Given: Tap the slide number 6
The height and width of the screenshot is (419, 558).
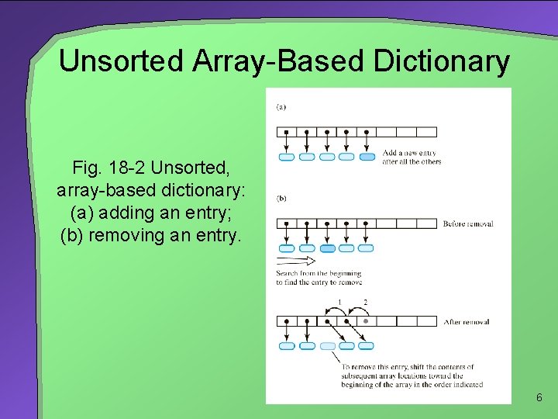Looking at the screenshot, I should coord(539,398).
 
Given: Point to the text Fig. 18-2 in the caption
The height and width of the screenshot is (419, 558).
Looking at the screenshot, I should coord(109,167).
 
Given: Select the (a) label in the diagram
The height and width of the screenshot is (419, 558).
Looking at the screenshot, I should coord(281,106).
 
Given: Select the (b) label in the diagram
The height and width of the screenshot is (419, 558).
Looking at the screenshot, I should coord(281,198).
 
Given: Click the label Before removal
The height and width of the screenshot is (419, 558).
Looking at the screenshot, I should coord(468,224).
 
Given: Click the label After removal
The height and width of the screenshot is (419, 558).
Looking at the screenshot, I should coord(466,322).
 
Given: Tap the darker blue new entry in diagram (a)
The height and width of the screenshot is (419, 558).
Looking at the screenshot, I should coord(367,157).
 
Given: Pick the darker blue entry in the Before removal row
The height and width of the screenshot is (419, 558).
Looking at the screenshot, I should coord(327,248).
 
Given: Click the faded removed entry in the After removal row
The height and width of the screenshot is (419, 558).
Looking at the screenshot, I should coord(327,346).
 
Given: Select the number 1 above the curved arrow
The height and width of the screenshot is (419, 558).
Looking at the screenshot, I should coord(339,302).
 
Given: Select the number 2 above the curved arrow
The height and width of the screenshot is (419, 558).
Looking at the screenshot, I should coord(365,302).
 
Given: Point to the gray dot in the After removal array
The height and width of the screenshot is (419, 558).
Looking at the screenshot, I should coord(366,320).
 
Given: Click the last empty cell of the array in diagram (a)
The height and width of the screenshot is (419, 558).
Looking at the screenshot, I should coord(427,132).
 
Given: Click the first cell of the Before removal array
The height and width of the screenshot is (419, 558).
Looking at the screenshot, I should coord(287,223).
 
